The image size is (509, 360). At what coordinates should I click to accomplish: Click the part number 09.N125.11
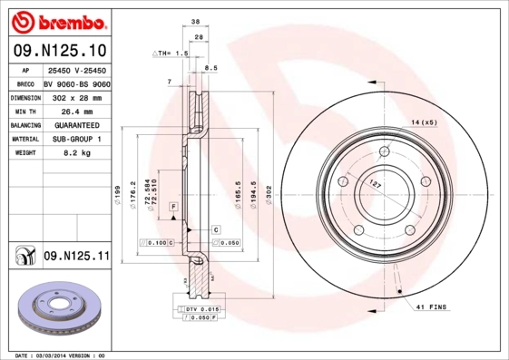click(76, 257)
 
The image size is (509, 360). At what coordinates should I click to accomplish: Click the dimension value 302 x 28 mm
click(76, 96)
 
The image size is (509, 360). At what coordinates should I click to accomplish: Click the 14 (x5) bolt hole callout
click(424, 122)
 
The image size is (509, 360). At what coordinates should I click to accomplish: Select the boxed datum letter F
click(172, 208)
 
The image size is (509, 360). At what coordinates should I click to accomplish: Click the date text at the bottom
click(63, 355)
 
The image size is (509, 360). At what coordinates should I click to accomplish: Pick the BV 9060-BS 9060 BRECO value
click(76, 82)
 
